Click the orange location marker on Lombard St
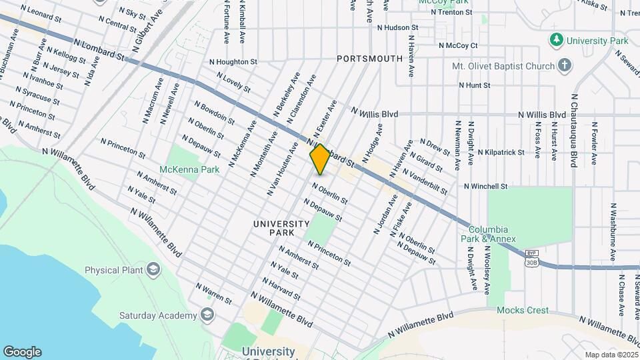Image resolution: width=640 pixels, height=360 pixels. click(320, 159)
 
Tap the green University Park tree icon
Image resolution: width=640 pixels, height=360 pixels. click(556, 41)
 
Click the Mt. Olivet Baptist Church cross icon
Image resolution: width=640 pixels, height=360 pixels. click(565, 65)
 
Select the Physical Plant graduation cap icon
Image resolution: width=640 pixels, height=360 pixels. click(153, 270)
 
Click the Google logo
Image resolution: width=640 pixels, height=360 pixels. click(22, 351)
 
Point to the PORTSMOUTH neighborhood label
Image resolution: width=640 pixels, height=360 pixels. click(369, 59)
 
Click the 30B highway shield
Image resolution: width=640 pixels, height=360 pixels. click(531, 262)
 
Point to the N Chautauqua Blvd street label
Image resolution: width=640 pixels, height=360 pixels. click(573, 130)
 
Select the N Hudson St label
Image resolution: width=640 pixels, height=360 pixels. click(397, 28)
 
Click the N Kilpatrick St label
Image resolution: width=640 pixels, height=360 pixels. click(501, 152)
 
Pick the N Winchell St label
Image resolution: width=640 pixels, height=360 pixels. click(486, 186)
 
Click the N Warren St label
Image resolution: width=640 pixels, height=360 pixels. click(213, 293)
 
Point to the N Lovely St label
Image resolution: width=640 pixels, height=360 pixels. click(233, 83)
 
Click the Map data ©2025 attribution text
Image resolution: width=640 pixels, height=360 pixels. click(611, 355)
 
